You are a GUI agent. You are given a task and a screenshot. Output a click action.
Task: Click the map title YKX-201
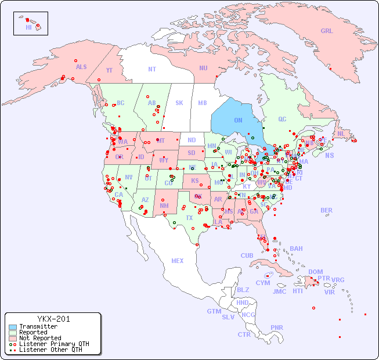[53, 319]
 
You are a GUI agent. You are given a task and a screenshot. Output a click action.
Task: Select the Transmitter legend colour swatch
[13, 327]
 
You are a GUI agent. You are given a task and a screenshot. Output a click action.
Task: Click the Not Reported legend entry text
[40, 338]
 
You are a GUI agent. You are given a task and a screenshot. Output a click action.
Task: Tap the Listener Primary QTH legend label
[54, 344]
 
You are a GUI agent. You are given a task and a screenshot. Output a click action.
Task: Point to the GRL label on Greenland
[327, 31]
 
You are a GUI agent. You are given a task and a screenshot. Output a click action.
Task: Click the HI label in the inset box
[28, 27]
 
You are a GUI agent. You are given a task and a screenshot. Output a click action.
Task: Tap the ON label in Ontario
[238, 120]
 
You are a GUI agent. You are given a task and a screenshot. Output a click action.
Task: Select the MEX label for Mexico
[178, 261]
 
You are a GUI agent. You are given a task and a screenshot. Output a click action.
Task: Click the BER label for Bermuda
[327, 210]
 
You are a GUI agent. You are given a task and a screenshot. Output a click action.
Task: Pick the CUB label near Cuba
[247, 255]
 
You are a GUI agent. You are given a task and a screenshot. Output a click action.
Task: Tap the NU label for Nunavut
[203, 68]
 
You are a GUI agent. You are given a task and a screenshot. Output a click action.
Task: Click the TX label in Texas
[189, 218]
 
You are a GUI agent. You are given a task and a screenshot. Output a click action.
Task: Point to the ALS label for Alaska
[81, 67]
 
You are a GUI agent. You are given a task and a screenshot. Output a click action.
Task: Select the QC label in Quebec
[282, 120]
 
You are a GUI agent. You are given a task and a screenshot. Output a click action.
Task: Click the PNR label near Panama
[277, 327]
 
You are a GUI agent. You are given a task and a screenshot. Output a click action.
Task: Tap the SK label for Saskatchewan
[179, 103]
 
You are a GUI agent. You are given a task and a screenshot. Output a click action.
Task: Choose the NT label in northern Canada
[151, 69]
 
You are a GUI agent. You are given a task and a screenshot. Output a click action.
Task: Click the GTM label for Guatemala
[214, 311]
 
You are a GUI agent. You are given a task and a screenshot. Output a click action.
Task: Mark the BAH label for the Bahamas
[296, 249]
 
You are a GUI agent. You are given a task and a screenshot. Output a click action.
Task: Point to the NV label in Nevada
[128, 177]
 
